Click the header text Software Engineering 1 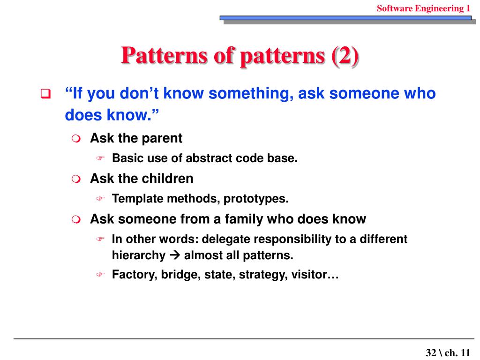[423, 8]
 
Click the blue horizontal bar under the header [345, 18]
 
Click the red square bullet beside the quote [45, 93]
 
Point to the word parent [162, 138]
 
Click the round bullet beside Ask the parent [76, 139]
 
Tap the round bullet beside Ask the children [76, 179]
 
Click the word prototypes [256, 199]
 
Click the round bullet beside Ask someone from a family [76, 219]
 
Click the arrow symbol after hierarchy [175, 255]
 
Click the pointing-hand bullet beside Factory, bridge [100, 275]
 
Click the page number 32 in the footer [431, 353]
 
